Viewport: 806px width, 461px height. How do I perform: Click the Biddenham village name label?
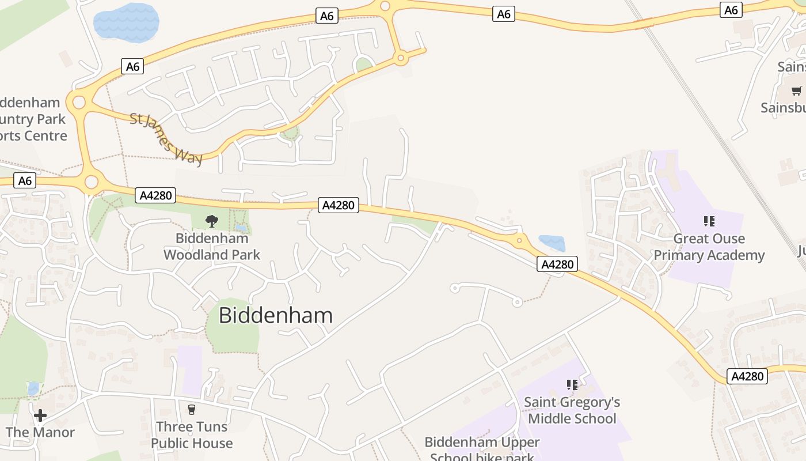[276, 315]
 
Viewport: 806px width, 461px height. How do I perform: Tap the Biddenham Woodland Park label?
[212, 246]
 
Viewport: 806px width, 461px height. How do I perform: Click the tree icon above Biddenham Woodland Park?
[212, 221]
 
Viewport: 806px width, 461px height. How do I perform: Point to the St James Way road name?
[166, 139]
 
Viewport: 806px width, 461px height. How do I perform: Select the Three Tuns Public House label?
[192, 435]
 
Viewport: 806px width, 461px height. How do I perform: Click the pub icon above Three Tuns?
[192, 409]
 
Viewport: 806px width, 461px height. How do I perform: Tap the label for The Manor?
[40, 432]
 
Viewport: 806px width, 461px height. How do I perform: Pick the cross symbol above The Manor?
[40, 415]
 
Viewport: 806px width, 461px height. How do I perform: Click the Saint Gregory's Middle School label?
[572, 410]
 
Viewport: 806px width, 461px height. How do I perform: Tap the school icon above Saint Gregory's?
[572, 384]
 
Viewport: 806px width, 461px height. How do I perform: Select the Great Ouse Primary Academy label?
[709, 247]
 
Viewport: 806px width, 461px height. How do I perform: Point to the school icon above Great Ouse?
[709, 221]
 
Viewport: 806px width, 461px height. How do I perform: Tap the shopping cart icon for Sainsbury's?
[796, 90]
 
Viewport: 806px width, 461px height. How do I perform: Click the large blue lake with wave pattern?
[126, 22]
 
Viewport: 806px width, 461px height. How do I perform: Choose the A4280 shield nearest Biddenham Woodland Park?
[156, 195]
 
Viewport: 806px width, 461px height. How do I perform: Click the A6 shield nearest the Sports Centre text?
[25, 181]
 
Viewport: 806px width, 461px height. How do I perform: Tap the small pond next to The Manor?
[33, 389]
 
